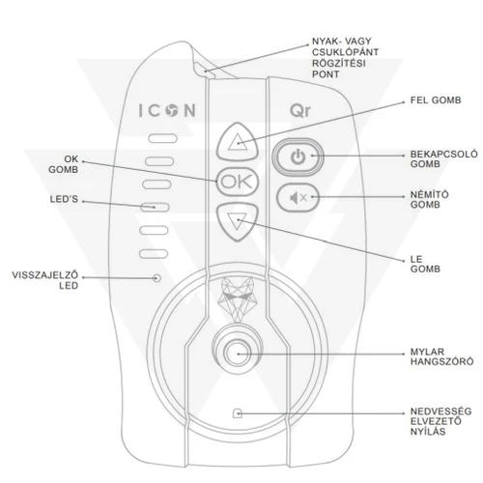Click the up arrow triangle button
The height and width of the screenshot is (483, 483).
click(238, 142)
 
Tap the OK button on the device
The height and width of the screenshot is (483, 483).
click(238, 182)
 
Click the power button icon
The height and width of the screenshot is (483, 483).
click(298, 156)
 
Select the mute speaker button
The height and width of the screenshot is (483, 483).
click(298, 197)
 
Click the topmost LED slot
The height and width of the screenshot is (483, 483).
click(162, 138)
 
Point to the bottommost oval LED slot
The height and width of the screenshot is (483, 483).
click(154, 254)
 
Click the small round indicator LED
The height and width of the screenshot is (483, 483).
click(156, 277)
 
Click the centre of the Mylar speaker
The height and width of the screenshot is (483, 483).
click(238, 354)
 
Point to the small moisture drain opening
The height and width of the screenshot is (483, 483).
click(238, 413)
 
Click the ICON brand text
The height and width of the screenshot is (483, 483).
click(167, 110)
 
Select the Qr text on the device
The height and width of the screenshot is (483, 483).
click(300, 110)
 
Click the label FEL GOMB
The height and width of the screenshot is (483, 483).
click(436, 100)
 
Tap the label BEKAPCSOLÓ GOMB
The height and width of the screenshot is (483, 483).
click(443, 159)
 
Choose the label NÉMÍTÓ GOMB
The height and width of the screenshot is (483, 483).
click(430, 200)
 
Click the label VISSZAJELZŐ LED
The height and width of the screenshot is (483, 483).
click(45, 280)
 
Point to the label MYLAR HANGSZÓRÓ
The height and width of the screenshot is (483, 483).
click(441, 356)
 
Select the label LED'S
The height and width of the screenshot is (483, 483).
click(64, 199)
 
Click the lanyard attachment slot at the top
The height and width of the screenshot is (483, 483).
click(205, 70)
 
